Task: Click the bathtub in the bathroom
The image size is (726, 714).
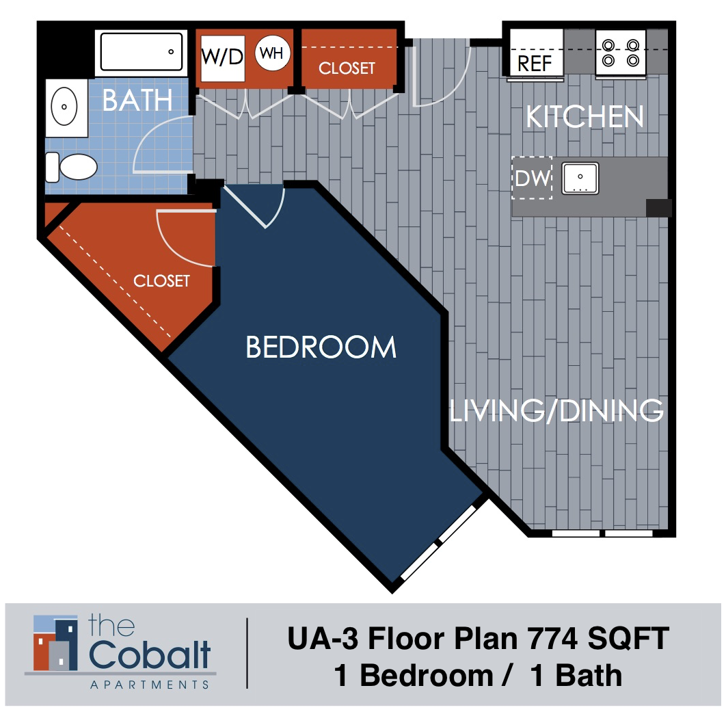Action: [142, 51]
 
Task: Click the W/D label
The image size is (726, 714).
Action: [222, 56]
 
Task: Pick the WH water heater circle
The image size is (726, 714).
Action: [272, 54]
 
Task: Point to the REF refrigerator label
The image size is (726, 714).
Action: [535, 64]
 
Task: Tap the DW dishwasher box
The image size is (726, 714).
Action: [532, 179]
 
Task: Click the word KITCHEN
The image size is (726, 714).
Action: [584, 117]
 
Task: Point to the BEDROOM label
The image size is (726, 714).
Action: [321, 347]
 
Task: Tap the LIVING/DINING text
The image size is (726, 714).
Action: [556, 411]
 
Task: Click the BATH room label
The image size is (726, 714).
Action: [137, 101]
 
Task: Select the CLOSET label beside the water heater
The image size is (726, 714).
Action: [347, 68]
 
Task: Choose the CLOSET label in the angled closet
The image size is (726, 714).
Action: [161, 281]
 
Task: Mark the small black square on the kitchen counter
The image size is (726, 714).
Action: [659, 208]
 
